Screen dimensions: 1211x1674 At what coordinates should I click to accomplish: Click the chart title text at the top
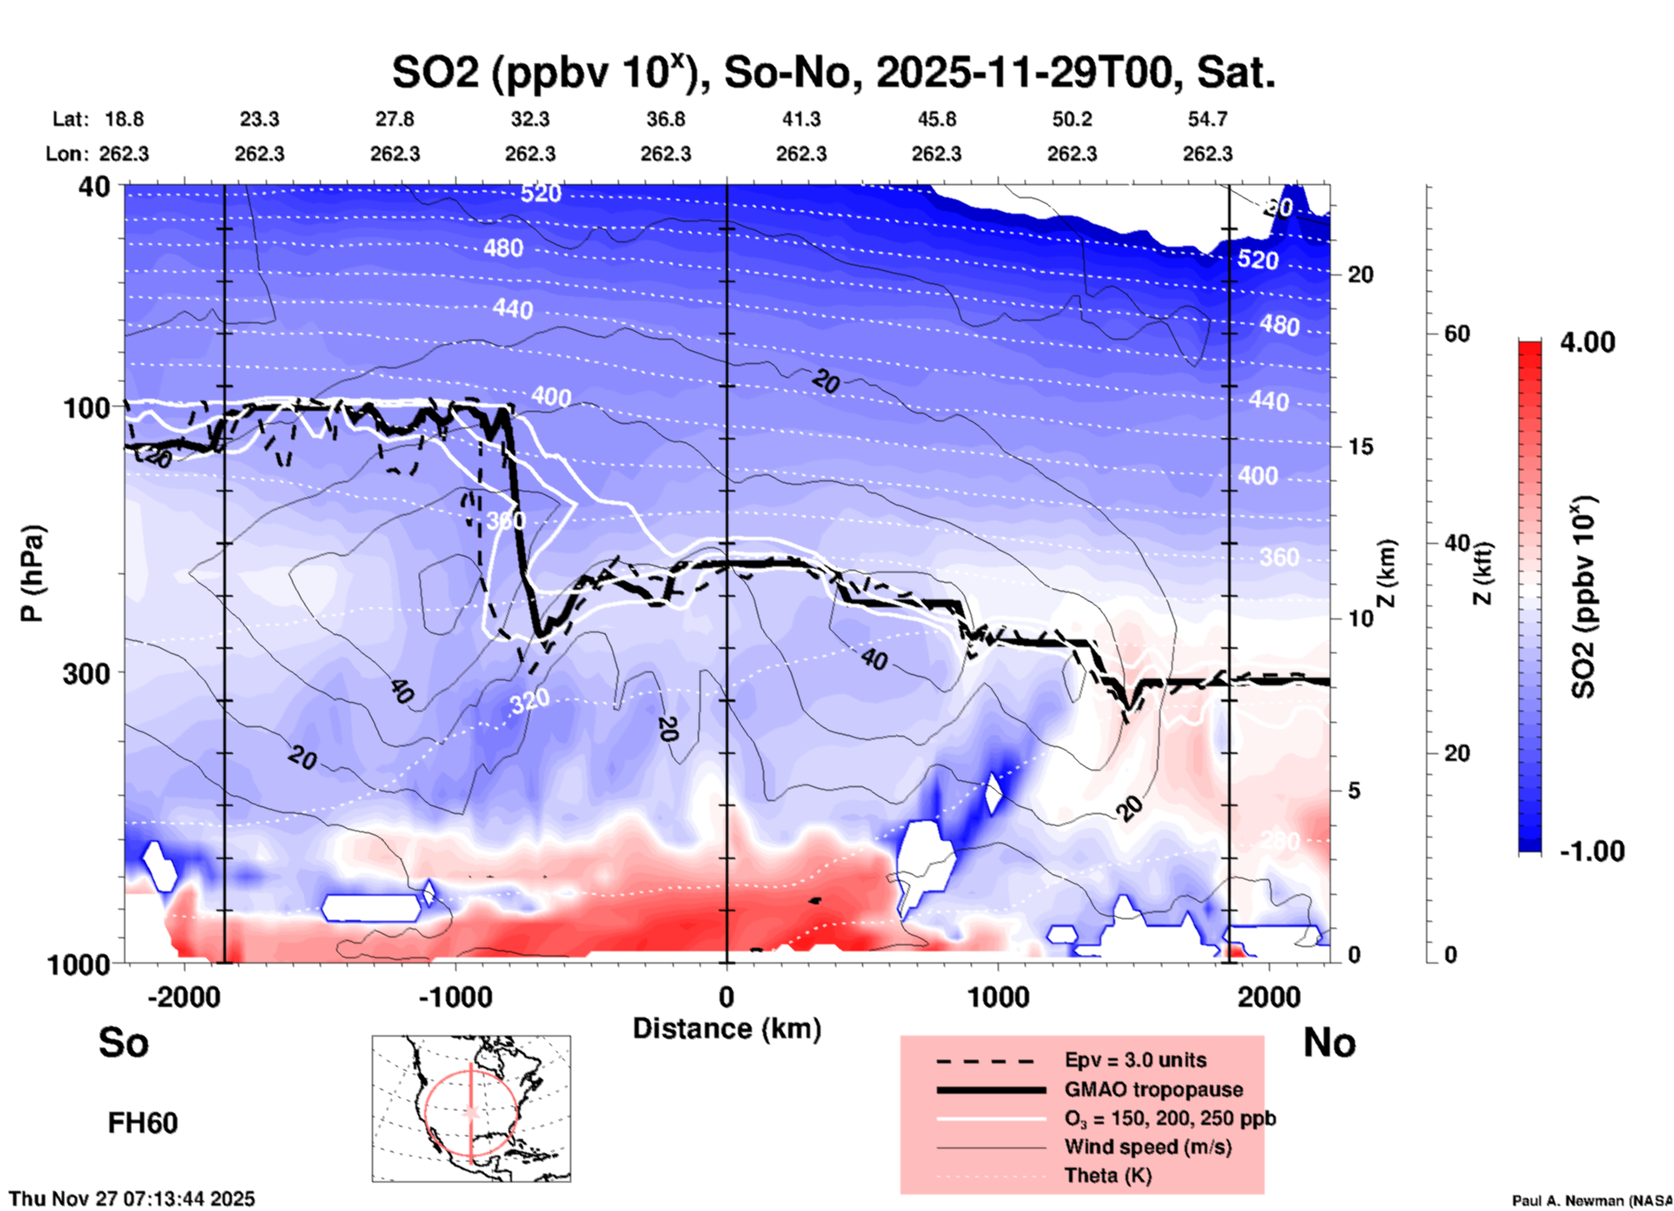(x=833, y=72)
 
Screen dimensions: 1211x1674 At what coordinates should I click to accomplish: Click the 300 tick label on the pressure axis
(x=86, y=673)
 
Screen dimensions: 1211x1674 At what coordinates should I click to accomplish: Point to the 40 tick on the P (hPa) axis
(x=95, y=186)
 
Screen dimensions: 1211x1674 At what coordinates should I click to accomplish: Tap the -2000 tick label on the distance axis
(x=183, y=997)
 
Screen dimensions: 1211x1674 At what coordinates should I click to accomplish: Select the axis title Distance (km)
(x=727, y=1029)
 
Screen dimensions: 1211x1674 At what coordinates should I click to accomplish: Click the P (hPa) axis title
(x=31, y=573)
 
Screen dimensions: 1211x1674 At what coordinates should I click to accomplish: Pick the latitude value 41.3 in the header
(x=800, y=119)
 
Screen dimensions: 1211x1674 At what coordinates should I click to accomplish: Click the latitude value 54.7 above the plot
(x=1207, y=119)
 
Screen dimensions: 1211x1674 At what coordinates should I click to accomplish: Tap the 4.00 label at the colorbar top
(x=1587, y=342)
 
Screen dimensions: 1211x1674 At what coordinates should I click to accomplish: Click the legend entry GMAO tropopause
(x=1153, y=1089)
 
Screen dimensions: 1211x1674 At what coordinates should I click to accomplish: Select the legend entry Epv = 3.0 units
(x=1135, y=1061)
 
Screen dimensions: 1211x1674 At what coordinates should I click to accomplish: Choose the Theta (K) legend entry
(x=1107, y=1175)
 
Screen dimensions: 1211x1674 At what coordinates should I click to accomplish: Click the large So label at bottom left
(x=123, y=1042)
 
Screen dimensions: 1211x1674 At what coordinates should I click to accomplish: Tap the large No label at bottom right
(x=1329, y=1042)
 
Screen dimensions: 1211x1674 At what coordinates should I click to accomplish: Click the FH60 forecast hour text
(x=143, y=1123)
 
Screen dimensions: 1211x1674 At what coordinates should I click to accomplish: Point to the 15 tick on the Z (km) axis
(x=1360, y=447)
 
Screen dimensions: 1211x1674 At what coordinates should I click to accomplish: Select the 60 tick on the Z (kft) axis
(x=1457, y=334)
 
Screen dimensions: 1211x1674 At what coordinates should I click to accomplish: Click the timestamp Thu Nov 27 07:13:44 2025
(x=132, y=1199)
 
